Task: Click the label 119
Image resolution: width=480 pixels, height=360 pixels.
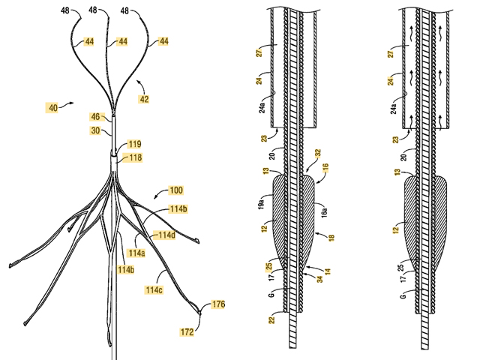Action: tap(134, 143)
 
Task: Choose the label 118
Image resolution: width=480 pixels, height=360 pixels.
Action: tap(134, 157)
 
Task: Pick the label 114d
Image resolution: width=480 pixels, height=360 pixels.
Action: tap(166, 235)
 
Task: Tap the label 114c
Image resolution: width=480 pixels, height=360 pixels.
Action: tap(154, 289)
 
